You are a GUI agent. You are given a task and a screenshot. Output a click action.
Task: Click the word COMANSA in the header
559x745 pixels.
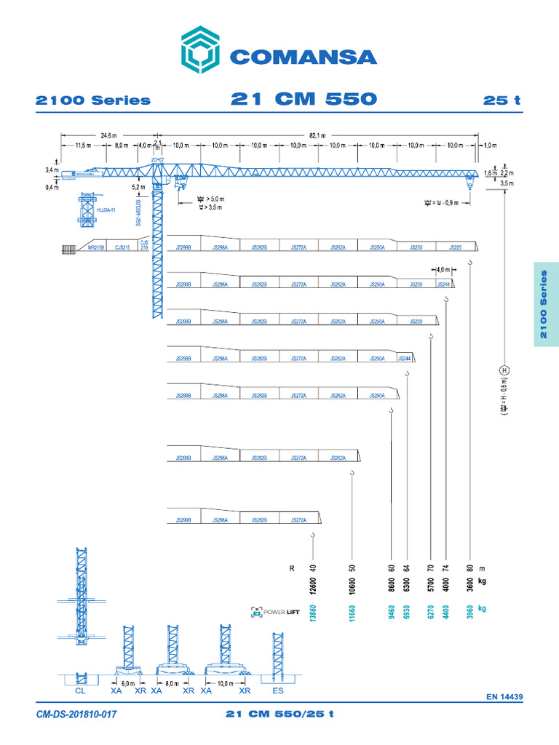303,57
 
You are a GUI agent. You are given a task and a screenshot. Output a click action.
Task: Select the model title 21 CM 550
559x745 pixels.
304,99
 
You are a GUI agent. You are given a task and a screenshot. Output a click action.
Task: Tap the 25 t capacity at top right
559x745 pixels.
502,100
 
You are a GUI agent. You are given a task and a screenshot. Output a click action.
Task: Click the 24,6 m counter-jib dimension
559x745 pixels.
109,135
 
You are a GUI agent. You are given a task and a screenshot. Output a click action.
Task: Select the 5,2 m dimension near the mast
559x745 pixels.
138,187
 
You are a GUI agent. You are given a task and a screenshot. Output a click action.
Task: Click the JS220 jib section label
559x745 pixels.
456,248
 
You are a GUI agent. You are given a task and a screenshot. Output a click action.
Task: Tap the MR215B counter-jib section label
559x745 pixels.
96,248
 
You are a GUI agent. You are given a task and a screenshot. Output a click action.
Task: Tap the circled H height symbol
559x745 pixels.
503,370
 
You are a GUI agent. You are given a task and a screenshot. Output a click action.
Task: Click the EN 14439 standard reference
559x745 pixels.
504,697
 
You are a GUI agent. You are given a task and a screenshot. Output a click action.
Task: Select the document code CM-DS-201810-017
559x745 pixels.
76,715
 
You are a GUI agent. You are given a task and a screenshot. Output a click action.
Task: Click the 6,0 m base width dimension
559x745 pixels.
127,684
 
